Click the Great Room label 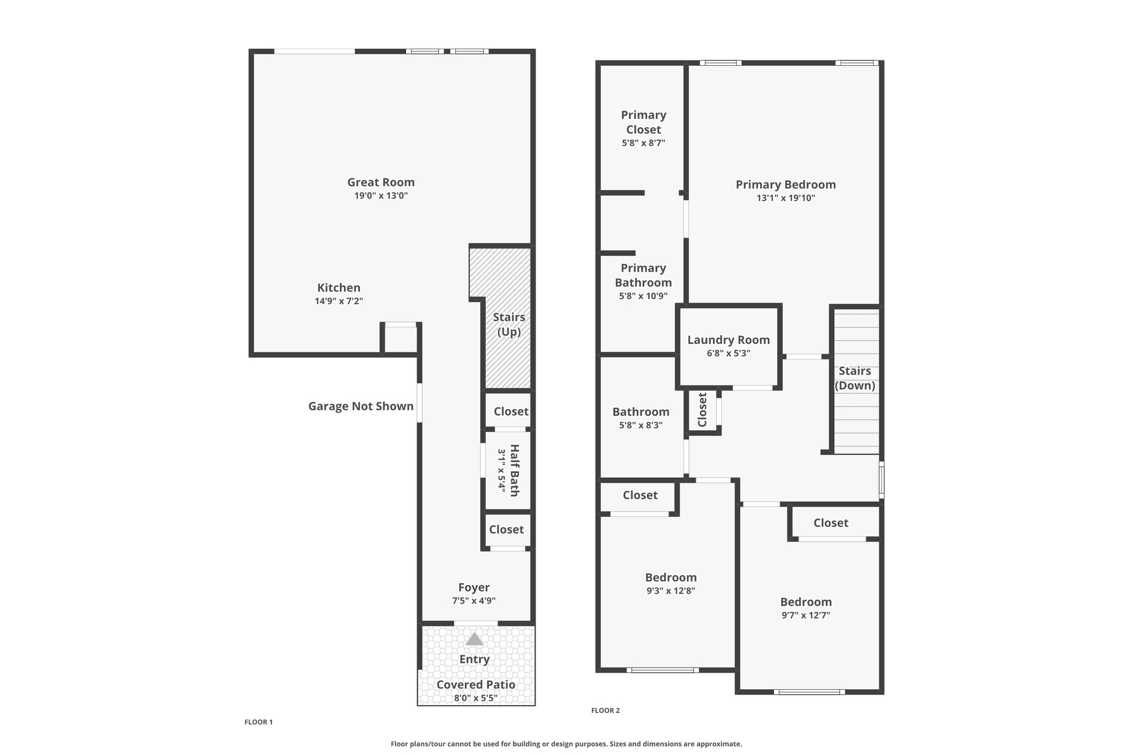click(381, 182)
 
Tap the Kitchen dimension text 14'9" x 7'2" click(339, 301)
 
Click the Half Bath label click(514, 471)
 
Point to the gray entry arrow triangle click(474, 639)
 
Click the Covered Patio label click(476, 685)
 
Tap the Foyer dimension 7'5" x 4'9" click(474, 601)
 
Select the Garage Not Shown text click(361, 407)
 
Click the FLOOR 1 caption click(259, 722)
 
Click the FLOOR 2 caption click(606, 710)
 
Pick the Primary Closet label click(643, 122)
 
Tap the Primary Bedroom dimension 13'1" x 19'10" click(786, 198)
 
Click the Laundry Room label click(729, 340)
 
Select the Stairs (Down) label click(855, 378)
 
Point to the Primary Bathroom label click(643, 275)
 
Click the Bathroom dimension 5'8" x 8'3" click(641, 425)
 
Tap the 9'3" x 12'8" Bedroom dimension click(671, 591)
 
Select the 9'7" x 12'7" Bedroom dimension click(806, 615)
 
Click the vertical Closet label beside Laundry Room click(703, 410)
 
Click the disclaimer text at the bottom click(566, 744)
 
